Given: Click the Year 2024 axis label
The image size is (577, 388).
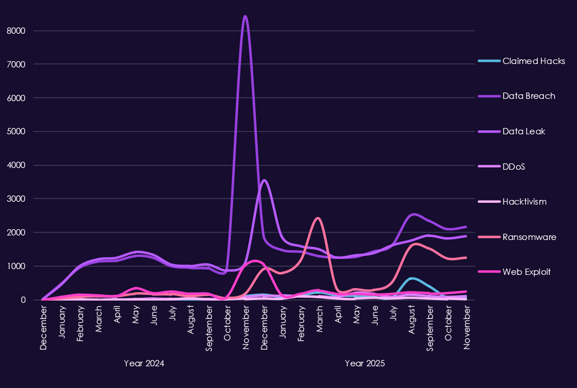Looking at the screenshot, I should (x=144, y=363).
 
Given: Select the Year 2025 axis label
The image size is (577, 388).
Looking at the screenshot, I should (x=365, y=363).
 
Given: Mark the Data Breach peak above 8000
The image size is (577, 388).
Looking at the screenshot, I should (x=245, y=17).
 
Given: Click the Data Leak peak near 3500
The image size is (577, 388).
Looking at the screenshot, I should (x=264, y=181).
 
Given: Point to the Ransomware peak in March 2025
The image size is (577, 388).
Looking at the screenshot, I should (x=318, y=218).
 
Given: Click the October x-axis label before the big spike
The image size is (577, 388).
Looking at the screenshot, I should (x=228, y=325).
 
